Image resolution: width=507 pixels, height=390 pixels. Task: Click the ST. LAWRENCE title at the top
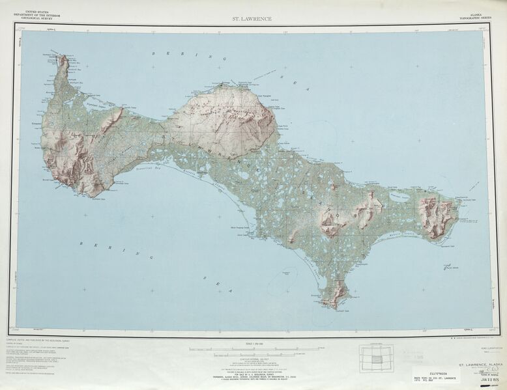click(252, 19)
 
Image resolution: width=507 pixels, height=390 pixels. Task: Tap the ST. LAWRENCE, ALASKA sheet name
click(480, 365)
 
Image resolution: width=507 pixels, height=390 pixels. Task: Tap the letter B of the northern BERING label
click(154, 53)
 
